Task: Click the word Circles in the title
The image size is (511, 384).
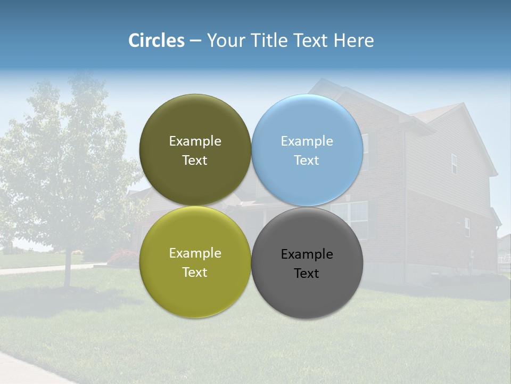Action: [x=156, y=41]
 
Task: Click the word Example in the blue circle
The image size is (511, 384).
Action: [x=307, y=141]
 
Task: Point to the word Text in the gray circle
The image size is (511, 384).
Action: [x=307, y=274]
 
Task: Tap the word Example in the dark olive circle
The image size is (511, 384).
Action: [x=195, y=141]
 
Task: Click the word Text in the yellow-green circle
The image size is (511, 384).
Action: [x=195, y=273]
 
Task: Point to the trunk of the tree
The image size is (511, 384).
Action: [x=68, y=269]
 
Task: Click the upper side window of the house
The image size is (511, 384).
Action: [x=454, y=164]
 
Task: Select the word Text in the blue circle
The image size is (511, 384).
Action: [x=307, y=161]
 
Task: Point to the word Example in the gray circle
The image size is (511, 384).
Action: [x=307, y=254]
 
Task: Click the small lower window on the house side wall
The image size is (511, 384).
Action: [x=467, y=227]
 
